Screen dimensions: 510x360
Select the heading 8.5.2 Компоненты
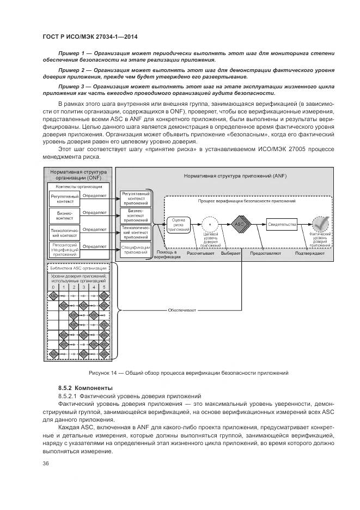(x=82, y=387)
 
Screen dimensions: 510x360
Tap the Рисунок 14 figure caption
(x=188, y=373)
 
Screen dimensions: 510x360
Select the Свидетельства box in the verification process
(x=282, y=224)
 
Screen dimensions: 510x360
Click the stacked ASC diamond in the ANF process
(x=240, y=224)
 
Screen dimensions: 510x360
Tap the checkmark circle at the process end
(x=320, y=224)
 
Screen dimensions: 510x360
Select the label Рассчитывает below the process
(x=199, y=254)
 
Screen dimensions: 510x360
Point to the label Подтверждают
(x=310, y=254)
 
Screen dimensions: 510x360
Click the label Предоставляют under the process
(x=265, y=254)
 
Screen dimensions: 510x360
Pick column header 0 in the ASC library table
(x=53, y=287)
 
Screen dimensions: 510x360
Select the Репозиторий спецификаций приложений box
(x=65, y=249)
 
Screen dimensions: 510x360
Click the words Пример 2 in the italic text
(x=72, y=70)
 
